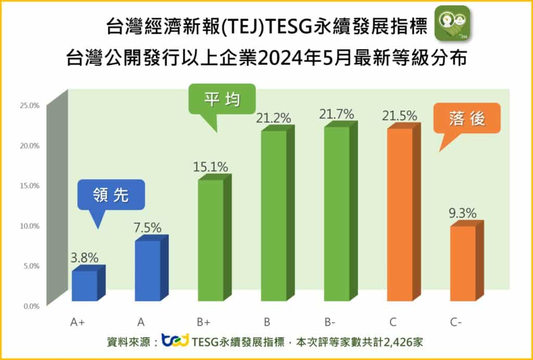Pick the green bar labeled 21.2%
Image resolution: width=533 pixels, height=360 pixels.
click(274, 216)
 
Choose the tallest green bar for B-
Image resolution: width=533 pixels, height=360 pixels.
click(337, 214)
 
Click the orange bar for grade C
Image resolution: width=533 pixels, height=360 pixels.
click(400, 215)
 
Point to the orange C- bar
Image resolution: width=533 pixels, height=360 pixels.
click(463, 263)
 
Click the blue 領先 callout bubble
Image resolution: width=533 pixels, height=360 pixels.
click(111, 196)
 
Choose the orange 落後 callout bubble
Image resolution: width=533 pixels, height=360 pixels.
click(466, 119)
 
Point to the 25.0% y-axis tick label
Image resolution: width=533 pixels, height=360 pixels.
click(29, 105)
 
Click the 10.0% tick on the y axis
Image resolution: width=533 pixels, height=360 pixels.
click(29, 226)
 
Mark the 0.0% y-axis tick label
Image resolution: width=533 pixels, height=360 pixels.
click(31, 306)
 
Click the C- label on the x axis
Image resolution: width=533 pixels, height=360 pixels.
click(457, 322)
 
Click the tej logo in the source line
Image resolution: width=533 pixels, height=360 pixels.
click(175, 341)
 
